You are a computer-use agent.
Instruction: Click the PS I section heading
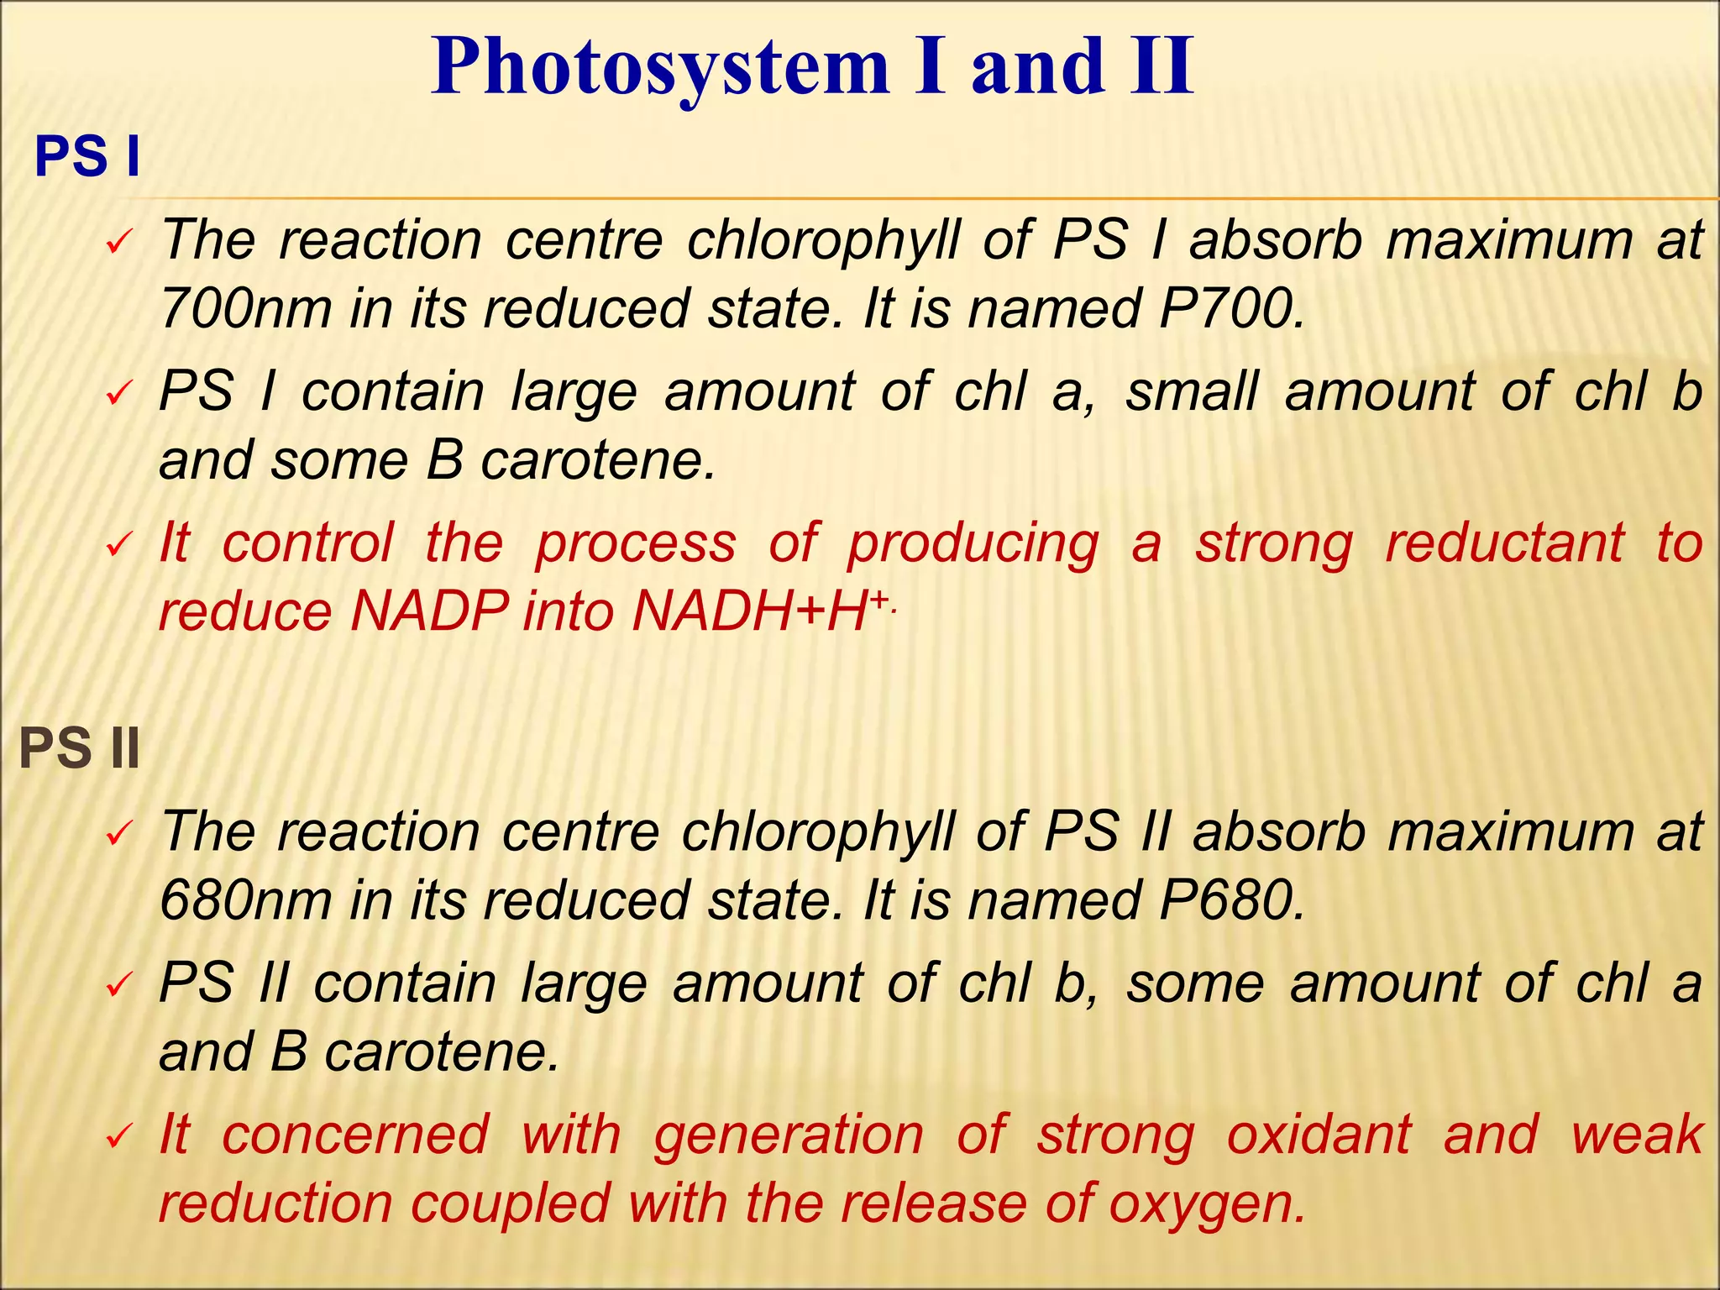tap(87, 157)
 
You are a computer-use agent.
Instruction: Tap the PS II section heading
tap(79, 748)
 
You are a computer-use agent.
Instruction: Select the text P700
tap(1231, 308)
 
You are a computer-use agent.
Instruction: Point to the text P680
tap(1231, 899)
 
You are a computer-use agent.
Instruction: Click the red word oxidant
tap(1319, 1135)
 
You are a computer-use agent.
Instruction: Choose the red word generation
tap(789, 1135)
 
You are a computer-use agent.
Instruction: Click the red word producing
tap(972, 543)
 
